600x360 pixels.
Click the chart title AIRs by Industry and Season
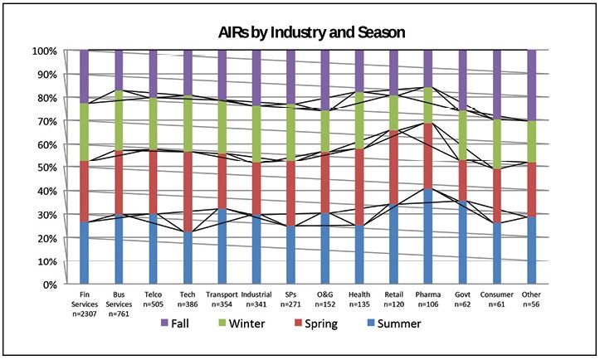click(300, 32)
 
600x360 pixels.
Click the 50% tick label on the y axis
click(46, 168)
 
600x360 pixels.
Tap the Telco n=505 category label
click(153, 298)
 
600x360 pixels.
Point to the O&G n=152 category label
click(324, 298)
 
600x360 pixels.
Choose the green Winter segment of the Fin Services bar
click(84, 132)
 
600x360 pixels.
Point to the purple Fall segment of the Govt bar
click(462, 80)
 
